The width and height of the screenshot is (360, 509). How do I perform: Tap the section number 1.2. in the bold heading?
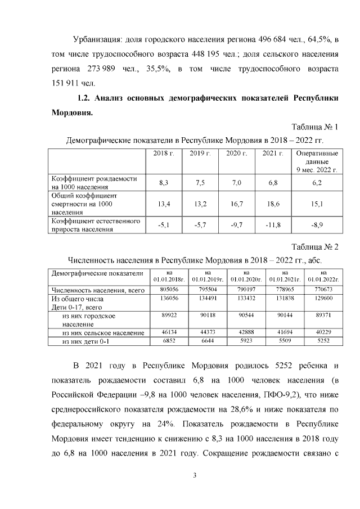[x=84, y=98]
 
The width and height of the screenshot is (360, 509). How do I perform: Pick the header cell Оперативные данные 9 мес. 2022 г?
[x=317, y=161]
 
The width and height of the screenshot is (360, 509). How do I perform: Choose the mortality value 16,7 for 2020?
[x=237, y=204]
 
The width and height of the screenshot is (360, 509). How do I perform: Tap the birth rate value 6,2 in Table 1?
[x=317, y=183]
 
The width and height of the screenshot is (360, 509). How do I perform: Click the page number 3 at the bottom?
[x=195, y=476]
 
